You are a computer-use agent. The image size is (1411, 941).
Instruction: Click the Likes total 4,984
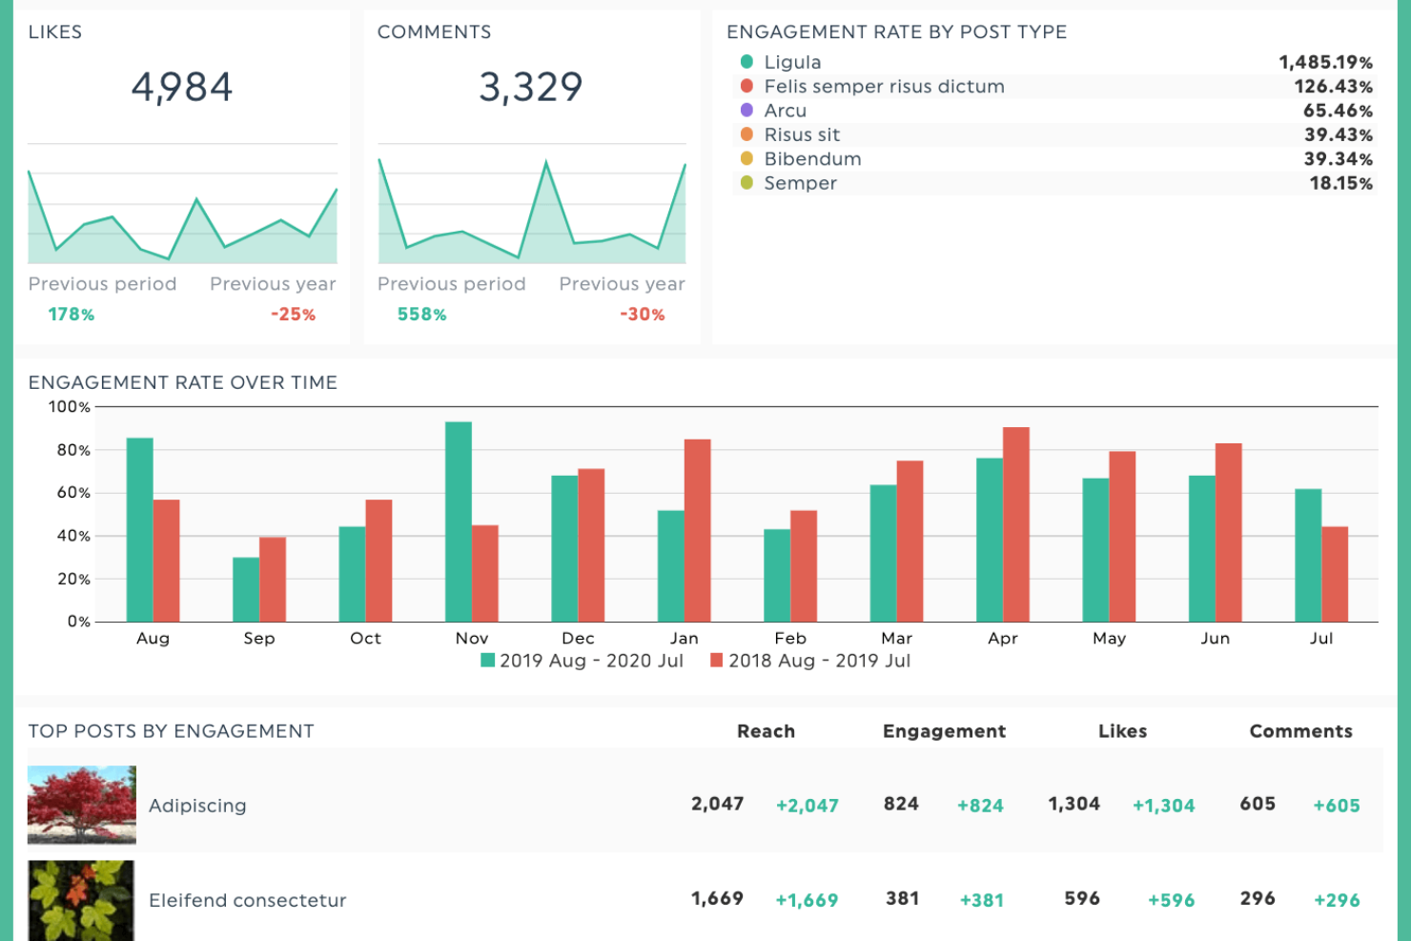pyautogui.click(x=182, y=88)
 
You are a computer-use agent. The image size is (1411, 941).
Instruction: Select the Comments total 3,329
pyautogui.click(x=530, y=88)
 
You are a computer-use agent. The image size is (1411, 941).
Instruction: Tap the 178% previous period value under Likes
pyautogui.click(x=72, y=315)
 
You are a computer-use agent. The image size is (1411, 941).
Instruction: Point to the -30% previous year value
pyautogui.click(x=642, y=315)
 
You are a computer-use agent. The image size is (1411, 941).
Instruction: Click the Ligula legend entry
pyautogui.click(x=791, y=62)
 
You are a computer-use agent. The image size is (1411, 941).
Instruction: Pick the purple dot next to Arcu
pyautogui.click(x=746, y=111)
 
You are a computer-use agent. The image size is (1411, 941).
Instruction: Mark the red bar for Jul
pyautogui.click(x=1335, y=574)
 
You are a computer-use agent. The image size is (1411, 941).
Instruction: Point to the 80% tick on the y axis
pyautogui.click(x=73, y=450)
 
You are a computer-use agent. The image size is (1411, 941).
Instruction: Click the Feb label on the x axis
pyautogui.click(x=790, y=638)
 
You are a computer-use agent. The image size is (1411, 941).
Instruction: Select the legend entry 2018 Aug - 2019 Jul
pyautogui.click(x=810, y=661)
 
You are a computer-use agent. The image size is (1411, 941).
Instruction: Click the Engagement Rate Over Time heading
pyautogui.click(x=183, y=382)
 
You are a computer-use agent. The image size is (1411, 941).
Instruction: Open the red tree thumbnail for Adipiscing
pyautogui.click(x=82, y=805)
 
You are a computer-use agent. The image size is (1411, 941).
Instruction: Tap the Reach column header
pyautogui.click(x=766, y=731)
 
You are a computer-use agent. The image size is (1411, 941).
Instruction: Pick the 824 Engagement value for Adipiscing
pyautogui.click(x=901, y=804)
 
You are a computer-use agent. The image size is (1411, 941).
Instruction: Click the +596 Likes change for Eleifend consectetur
pyautogui.click(x=1171, y=900)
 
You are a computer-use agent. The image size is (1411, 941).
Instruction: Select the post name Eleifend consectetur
pyautogui.click(x=247, y=900)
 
